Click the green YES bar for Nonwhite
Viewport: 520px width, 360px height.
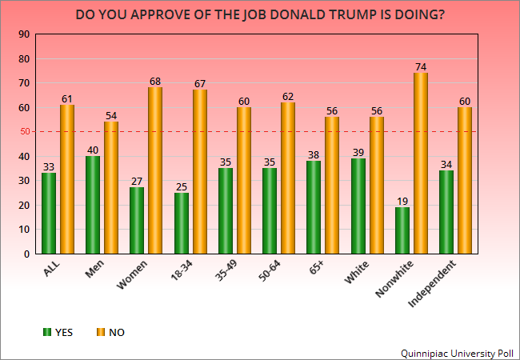[x=402, y=230]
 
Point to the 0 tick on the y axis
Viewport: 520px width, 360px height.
[x=26, y=254]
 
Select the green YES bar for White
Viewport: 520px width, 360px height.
[x=358, y=206]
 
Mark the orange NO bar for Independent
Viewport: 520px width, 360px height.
[x=465, y=180]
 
